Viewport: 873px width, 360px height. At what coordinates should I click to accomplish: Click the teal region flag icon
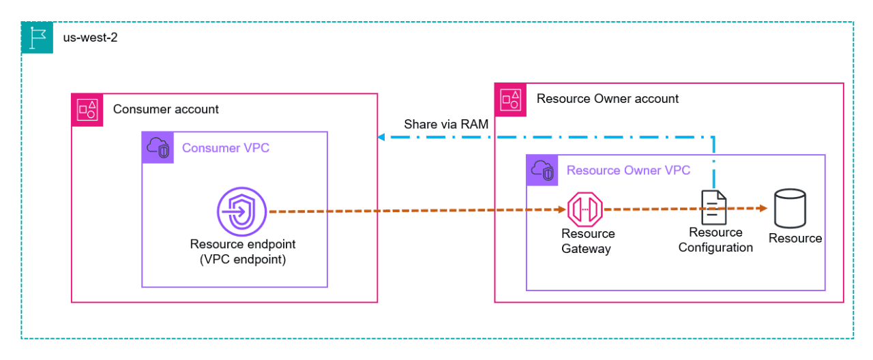[37, 37]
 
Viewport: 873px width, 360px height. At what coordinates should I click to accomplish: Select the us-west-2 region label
[90, 37]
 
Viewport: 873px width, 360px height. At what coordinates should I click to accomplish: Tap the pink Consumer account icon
[87, 110]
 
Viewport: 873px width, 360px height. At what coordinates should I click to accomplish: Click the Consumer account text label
[166, 109]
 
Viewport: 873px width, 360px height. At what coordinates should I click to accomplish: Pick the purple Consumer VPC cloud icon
[158, 148]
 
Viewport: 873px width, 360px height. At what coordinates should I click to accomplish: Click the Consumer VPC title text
[226, 148]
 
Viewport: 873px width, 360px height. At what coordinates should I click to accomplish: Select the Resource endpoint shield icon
[241, 211]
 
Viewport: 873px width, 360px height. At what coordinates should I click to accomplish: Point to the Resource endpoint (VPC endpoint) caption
[243, 252]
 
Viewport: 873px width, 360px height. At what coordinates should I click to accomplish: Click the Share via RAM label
[446, 124]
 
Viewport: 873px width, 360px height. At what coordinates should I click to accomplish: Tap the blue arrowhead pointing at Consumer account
[381, 137]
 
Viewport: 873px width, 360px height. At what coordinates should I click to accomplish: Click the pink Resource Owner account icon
[511, 100]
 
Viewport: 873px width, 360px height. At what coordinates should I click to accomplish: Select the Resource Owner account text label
[608, 99]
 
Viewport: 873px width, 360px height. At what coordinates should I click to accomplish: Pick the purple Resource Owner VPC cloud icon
[542, 170]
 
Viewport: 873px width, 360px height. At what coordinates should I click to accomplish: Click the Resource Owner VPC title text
[628, 170]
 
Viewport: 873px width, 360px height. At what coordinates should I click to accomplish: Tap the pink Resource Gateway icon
[585, 209]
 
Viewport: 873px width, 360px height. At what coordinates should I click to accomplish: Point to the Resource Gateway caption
[588, 241]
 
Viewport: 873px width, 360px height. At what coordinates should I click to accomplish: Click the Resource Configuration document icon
[713, 207]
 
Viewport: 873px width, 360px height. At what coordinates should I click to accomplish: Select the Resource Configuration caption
[715, 240]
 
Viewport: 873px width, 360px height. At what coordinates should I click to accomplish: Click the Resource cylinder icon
[790, 209]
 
